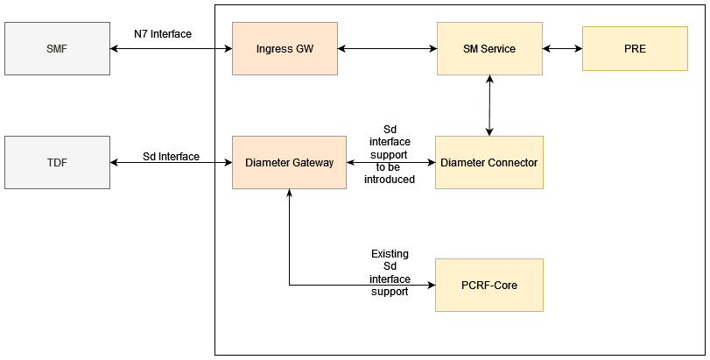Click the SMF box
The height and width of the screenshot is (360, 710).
coord(57,48)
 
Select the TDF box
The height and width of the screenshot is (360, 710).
coord(57,162)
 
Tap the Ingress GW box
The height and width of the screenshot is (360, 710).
coord(285,48)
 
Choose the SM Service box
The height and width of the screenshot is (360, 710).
coord(489,48)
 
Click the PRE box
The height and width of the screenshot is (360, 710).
coord(636,48)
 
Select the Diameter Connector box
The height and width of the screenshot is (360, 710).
coord(489,162)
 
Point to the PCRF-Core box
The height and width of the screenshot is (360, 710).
coord(489,285)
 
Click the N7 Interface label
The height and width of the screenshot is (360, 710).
coord(162,34)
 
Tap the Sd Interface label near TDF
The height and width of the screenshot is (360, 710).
coord(171,157)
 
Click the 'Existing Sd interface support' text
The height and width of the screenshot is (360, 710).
coord(390,272)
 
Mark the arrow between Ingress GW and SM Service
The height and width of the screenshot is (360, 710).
coord(386,48)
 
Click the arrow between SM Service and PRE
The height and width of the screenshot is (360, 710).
coord(562,48)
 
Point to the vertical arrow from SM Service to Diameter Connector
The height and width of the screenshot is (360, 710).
coord(489,105)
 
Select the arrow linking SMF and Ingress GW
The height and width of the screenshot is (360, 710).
coord(171,48)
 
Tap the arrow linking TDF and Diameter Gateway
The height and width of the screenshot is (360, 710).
coord(171,163)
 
